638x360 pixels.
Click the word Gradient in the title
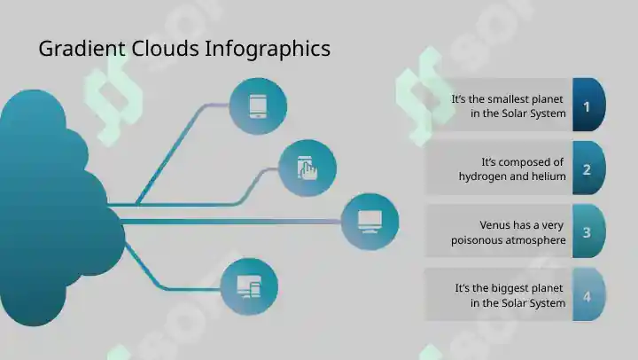point(82,49)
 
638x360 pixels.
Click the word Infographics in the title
point(268,50)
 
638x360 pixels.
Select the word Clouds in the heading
point(165,49)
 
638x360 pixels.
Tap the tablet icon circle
point(258,106)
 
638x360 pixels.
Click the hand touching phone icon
point(307,168)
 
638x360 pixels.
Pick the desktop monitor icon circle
point(370,222)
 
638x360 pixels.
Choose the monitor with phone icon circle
point(249,286)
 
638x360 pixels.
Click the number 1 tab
point(588,105)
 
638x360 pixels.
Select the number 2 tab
point(588,168)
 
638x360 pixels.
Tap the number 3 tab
point(588,231)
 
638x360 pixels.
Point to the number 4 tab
point(588,294)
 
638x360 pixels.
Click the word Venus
point(493,225)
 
